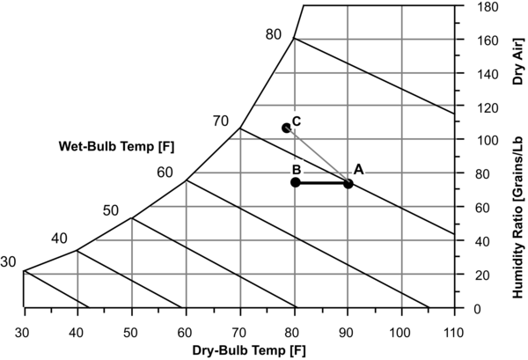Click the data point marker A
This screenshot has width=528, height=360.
coord(348,183)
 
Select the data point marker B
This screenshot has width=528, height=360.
coord(296,182)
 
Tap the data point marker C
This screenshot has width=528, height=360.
coord(286,128)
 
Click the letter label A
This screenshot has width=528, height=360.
coord(358,170)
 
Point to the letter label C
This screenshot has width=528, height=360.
coord(297,121)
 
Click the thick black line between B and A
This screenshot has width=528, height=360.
coord(322,183)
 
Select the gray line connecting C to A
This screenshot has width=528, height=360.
coord(317,156)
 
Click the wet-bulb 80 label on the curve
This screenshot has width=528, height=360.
coord(273,34)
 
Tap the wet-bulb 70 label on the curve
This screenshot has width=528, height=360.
coord(220,121)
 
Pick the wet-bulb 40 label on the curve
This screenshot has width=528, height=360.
coord(60,239)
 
